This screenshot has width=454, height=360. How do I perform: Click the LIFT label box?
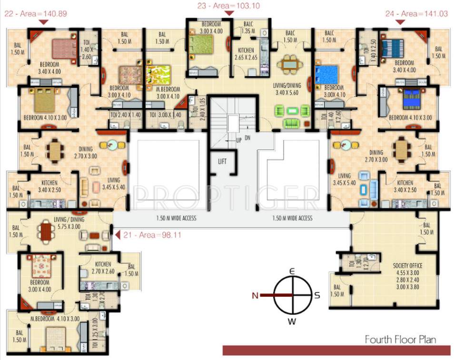[x=222, y=161]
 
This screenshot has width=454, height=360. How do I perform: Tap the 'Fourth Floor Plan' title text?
[x=400, y=340]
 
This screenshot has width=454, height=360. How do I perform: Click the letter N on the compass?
[x=255, y=295]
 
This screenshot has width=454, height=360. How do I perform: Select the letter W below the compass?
[x=292, y=321]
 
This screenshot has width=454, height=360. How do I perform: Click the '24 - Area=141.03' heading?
[x=417, y=14]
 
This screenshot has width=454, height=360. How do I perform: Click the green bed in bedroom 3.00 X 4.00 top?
[x=204, y=46]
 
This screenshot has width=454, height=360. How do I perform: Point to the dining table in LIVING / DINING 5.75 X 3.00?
[x=46, y=231]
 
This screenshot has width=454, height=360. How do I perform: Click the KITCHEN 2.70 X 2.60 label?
[x=103, y=268]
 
